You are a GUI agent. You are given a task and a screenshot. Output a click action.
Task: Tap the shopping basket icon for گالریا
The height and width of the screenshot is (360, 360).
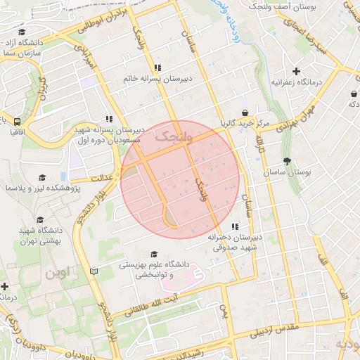click(x=245, y=113)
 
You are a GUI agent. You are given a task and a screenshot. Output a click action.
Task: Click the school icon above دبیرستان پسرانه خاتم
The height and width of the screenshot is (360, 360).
click(x=157, y=68)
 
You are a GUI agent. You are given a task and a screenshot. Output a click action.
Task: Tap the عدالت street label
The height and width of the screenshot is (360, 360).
click(x=103, y=179)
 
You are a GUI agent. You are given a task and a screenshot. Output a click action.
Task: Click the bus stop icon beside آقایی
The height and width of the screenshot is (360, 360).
click(x=16, y=120)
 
